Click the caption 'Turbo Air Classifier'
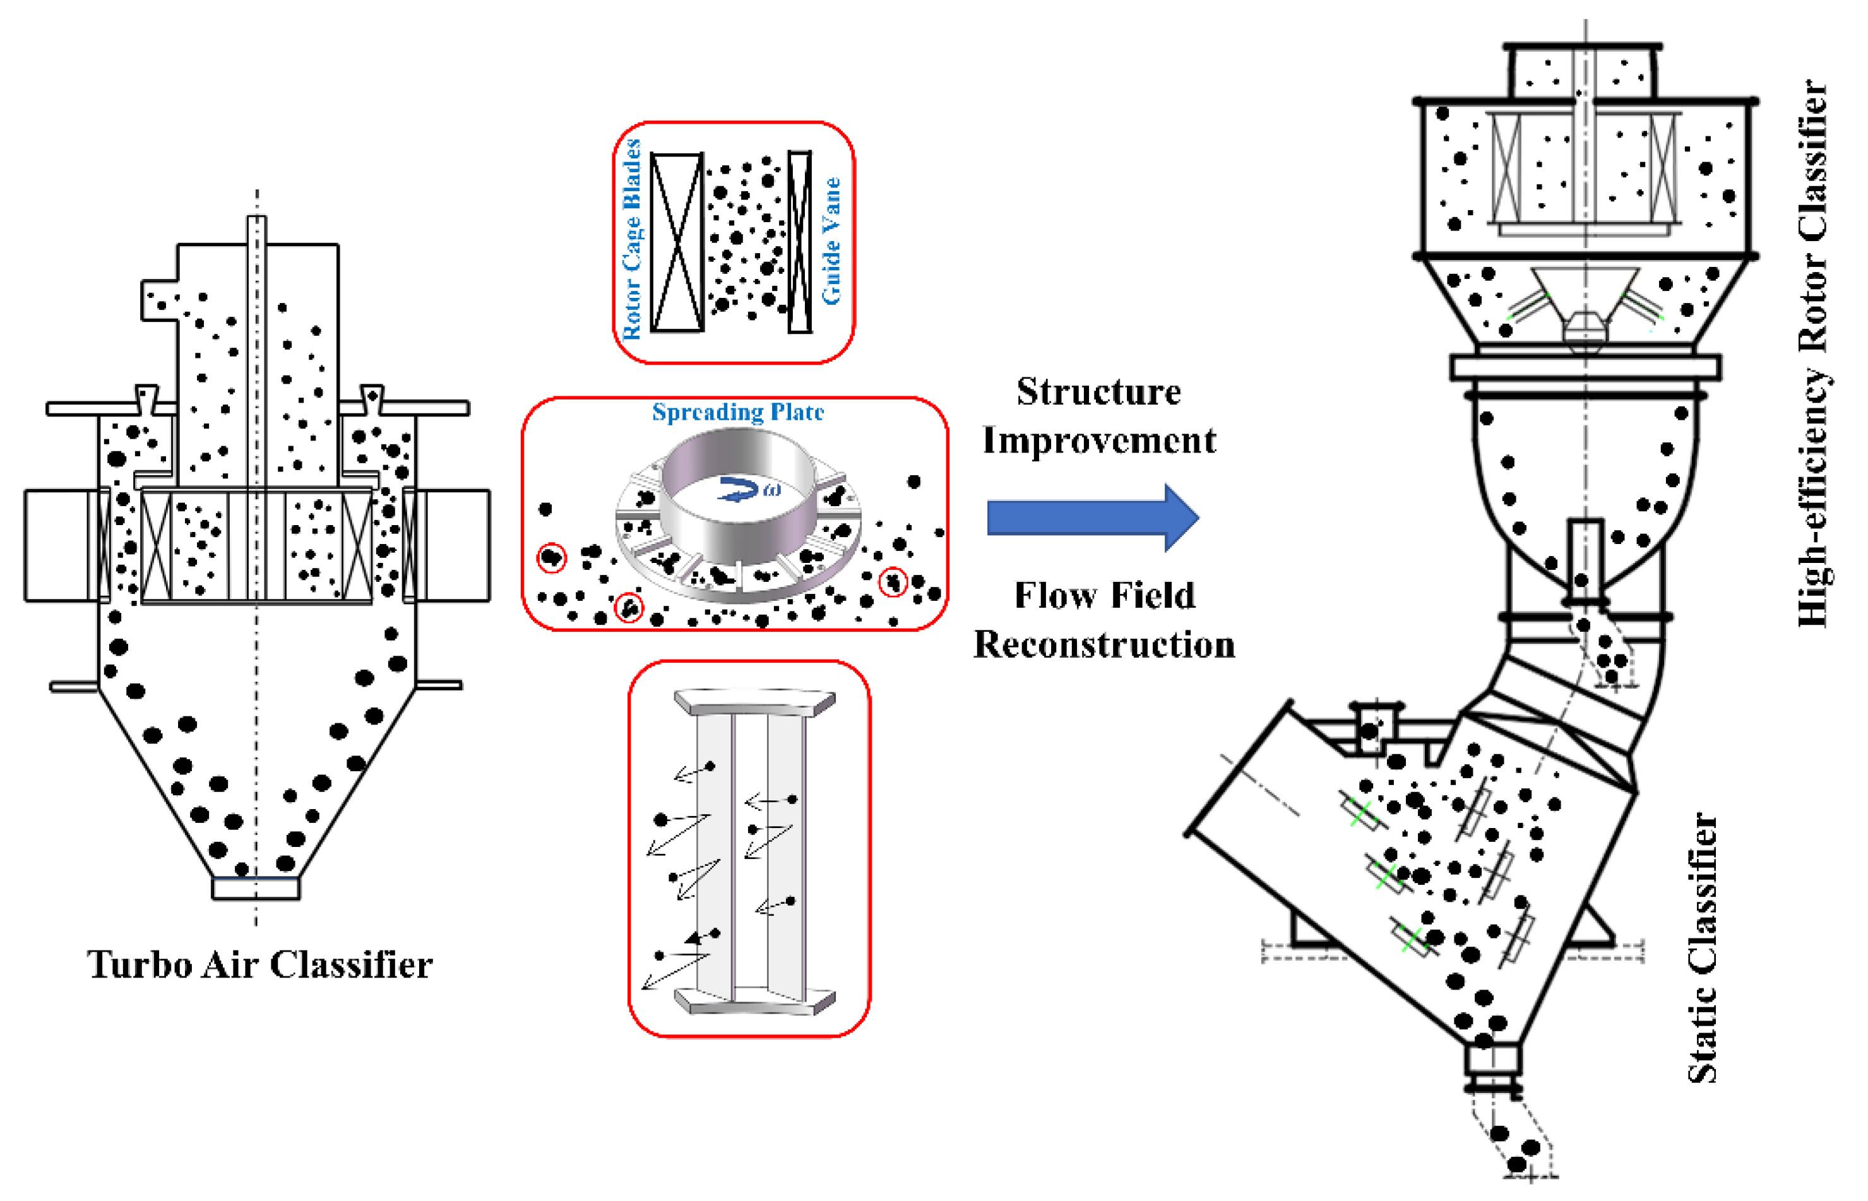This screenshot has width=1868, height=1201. point(259,966)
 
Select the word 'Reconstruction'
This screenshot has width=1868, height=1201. point(1104,645)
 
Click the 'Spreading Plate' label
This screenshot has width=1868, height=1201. point(738,411)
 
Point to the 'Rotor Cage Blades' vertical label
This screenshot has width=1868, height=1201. point(632,240)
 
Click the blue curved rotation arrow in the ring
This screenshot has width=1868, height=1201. point(738,490)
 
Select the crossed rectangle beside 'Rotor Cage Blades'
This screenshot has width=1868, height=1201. point(677,242)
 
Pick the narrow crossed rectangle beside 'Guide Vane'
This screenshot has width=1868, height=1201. point(799,242)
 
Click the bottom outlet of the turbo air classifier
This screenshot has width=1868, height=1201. point(256,888)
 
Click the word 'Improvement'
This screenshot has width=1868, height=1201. point(1098,441)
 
